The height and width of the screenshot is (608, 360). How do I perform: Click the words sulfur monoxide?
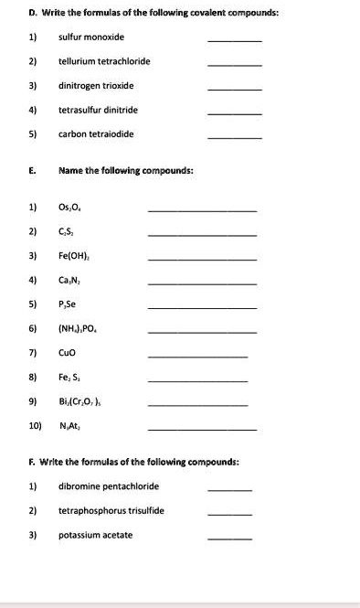click(91, 37)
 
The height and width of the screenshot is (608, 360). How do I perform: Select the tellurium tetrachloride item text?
click(104, 61)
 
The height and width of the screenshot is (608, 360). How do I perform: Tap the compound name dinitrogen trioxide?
click(96, 85)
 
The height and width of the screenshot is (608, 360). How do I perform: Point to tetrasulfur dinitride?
click(97, 110)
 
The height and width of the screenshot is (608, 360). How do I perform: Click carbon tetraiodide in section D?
click(96, 133)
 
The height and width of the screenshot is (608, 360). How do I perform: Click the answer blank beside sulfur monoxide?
click(235, 41)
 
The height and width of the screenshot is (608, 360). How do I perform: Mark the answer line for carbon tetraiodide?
click(235, 138)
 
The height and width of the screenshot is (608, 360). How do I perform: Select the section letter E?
click(32, 170)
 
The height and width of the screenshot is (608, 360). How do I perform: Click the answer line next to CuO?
click(197, 356)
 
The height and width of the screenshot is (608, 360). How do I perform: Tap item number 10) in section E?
click(36, 424)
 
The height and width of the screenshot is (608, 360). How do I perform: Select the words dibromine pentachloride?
click(109, 486)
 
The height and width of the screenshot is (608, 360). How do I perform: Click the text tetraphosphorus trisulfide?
click(111, 510)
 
